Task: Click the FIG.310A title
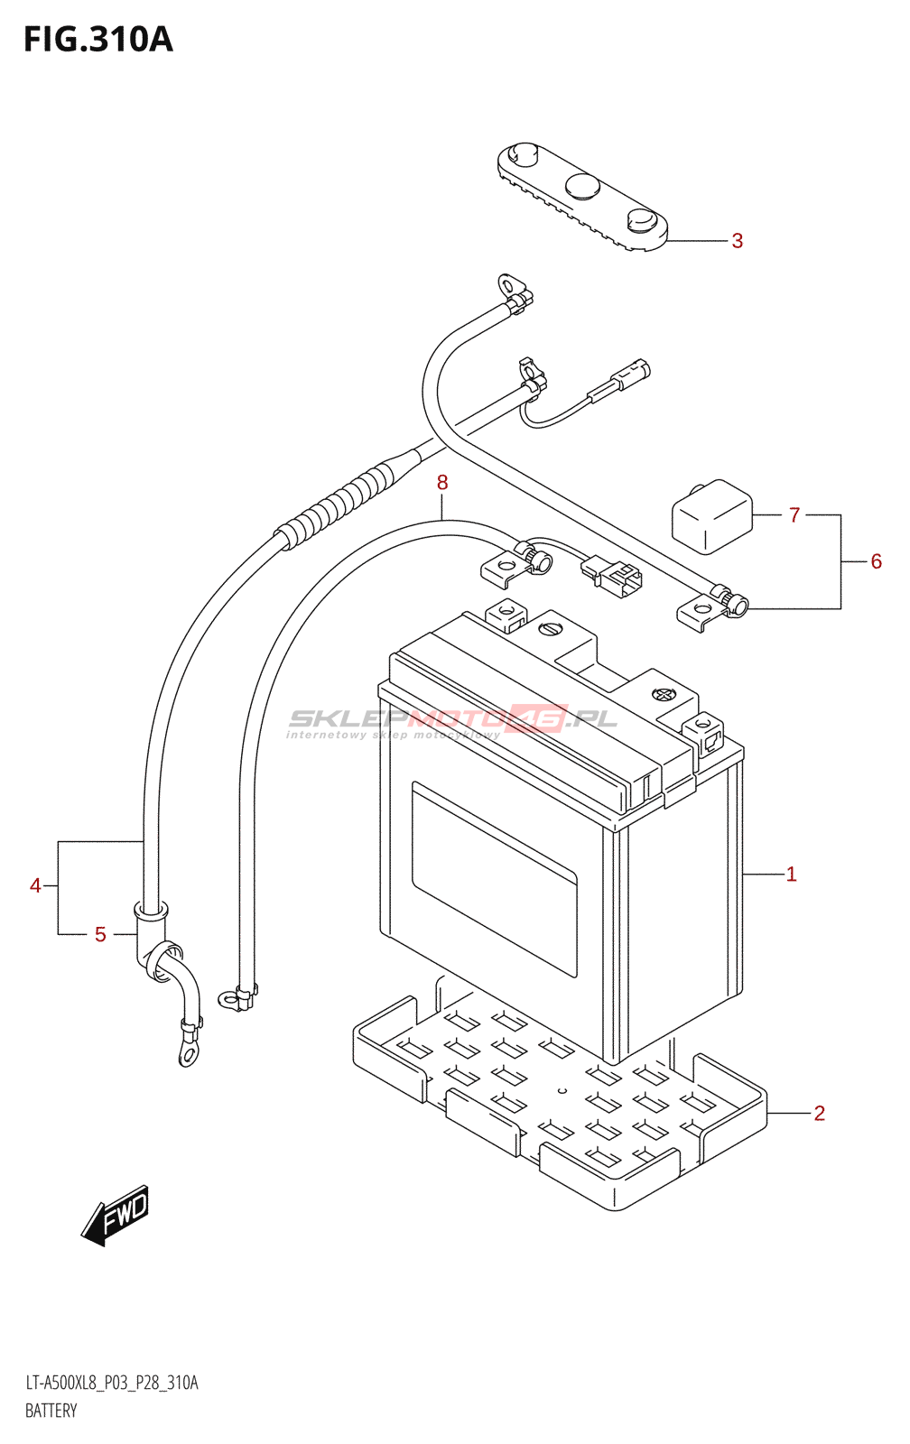tap(98, 40)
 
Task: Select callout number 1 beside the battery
tap(792, 875)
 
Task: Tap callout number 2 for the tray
tap(819, 1114)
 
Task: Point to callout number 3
tap(738, 240)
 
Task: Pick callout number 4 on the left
tap(35, 885)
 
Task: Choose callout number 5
tap(100, 934)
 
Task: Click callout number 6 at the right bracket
tap(876, 561)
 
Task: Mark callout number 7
tap(794, 515)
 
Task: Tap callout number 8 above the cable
tap(441, 482)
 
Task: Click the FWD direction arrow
tap(116, 1215)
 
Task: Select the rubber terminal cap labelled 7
tap(712, 516)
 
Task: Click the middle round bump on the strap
tap(583, 186)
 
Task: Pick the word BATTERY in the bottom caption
tap(51, 1412)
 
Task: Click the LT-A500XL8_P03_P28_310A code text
tap(112, 1383)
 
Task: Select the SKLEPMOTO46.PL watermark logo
tap(451, 721)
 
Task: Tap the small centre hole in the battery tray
tap(562, 1091)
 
